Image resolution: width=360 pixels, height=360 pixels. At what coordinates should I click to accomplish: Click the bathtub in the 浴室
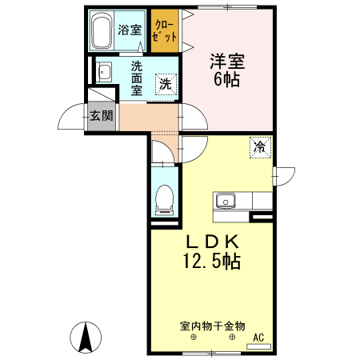click(x=100, y=31)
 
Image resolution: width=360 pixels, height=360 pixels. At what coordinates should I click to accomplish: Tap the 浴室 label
click(x=130, y=30)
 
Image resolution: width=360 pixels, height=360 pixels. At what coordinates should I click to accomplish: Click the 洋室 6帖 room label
click(x=226, y=70)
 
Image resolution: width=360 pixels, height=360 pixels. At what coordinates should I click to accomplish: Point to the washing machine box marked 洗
click(x=166, y=83)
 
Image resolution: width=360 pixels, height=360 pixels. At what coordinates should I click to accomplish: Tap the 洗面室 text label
click(x=137, y=78)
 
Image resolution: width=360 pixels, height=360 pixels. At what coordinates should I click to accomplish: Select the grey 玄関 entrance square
click(x=101, y=116)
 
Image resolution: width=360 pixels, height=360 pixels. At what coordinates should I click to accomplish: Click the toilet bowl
click(x=164, y=198)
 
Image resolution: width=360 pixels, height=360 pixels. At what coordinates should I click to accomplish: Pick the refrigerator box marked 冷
click(x=259, y=147)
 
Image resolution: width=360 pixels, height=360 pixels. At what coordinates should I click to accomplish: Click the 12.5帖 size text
click(x=212, y=261)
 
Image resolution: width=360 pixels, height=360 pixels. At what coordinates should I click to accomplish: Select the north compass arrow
click(x=86, y=337)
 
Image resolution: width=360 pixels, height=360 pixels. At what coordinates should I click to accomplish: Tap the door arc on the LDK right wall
click(x=284, y=177)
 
